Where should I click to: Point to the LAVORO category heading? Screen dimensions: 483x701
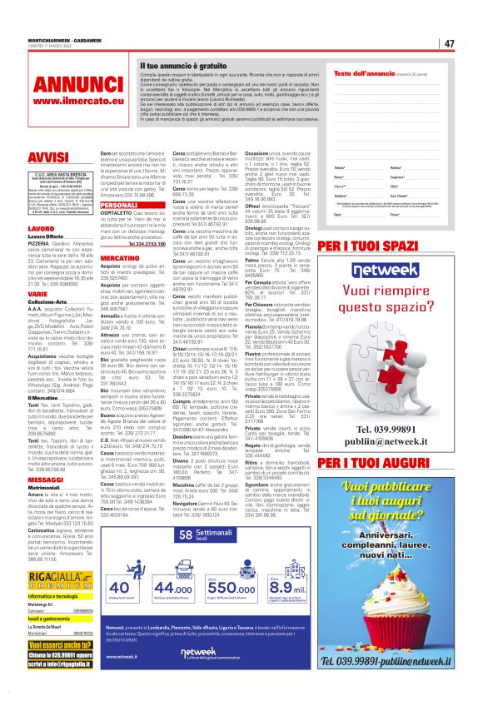coord(17,227)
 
